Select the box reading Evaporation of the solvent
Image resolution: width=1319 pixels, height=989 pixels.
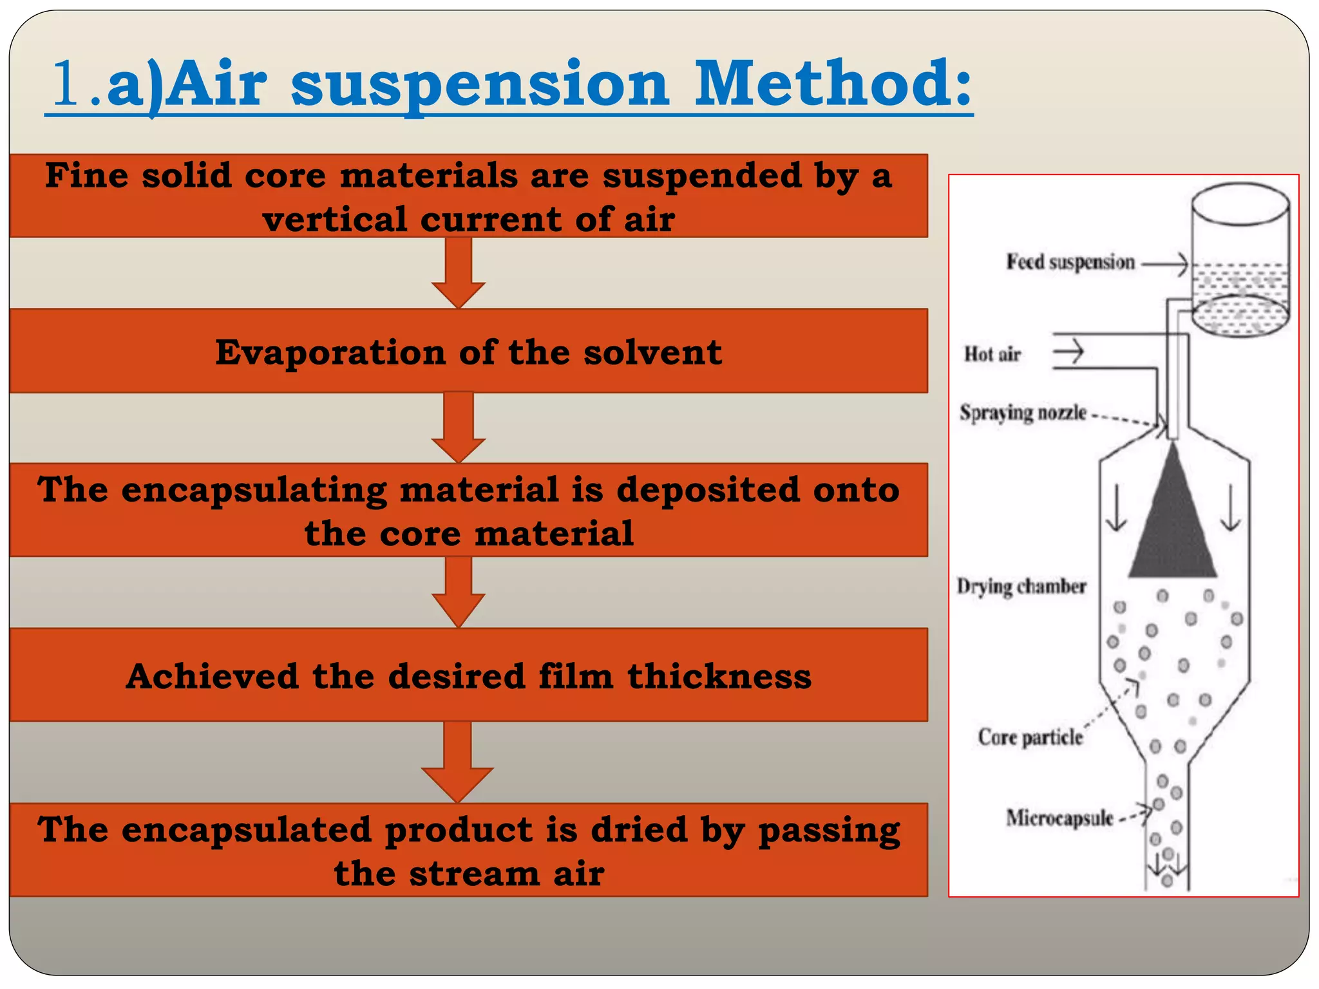pyautogui.click(x=468, y=352)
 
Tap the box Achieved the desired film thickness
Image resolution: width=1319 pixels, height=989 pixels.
pyautogui.click(x=468, y=675)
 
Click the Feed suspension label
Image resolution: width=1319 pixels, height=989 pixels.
pyautogui.click(x=1070, y=263)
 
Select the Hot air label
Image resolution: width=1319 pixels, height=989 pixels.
pyautogui.click(x=992, y=354)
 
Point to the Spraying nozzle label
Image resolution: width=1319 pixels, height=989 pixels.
pyautogui.click(x=1023, y=413)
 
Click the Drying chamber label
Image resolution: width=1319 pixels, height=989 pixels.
pyautogui.click(x=1021, y=587)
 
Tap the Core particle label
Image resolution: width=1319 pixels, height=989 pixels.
pyautogui.click(x=1030, y=737)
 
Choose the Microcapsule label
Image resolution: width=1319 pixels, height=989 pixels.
pyautogui.click(x=1059, y=818)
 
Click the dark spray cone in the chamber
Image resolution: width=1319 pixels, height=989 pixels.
pyautogui.click(x=1173, y=528)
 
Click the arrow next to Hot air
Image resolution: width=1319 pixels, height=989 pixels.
pyautogui.click(x=1068, y=352)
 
